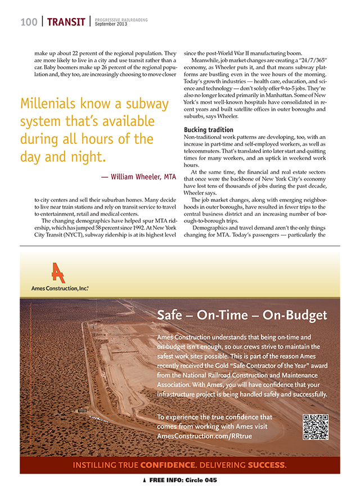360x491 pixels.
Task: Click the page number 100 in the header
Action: pos(29,22)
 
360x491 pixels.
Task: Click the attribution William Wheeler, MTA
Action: pos(139,177)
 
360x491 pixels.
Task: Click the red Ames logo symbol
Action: pos(57,272)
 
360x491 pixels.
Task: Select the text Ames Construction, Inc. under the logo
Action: pos(60,287)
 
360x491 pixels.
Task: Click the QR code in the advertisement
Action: pos(315,426)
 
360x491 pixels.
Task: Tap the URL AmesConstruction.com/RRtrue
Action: pos(204,436)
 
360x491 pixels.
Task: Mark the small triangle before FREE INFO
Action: pos(145,481)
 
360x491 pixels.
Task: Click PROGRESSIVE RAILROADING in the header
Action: pos(121,20)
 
